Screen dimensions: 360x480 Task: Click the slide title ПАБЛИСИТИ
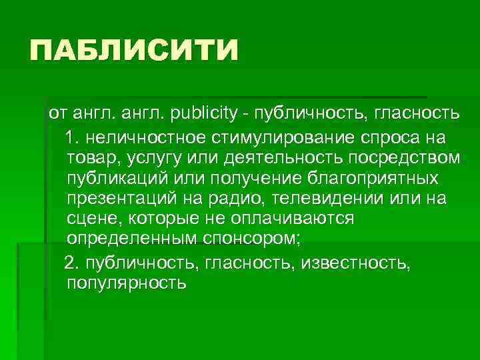click(x=133, y=51)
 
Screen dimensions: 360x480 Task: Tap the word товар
click(x=89, y=159)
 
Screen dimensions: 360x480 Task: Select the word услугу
click(x=143, y=159)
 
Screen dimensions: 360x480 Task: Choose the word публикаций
click(x=117, y=179)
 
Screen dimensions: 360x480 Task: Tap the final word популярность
click(x=127, y=284)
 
